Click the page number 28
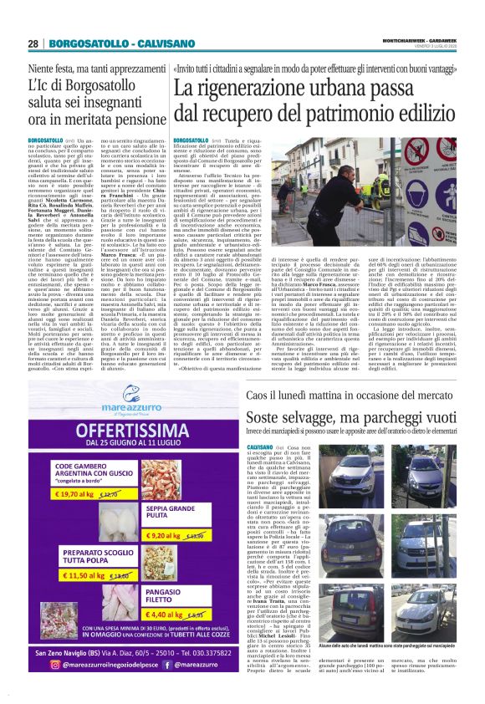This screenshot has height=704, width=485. [33, 43]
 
